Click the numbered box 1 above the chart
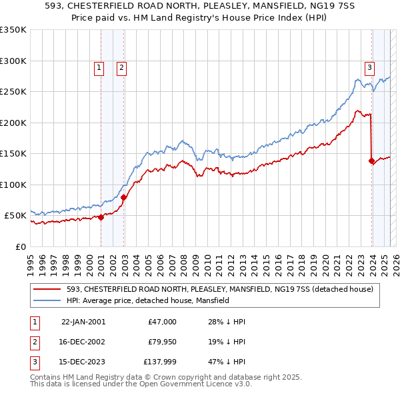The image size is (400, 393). coord(99,67)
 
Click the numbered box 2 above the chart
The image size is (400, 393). coord(122,67)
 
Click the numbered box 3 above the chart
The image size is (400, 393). coord(369,67)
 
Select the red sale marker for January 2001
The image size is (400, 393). coord(101,217)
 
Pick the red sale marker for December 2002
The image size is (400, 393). coord(123,197)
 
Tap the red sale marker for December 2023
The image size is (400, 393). coord(371,161)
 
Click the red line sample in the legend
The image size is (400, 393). coord(47,289)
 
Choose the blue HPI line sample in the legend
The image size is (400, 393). coord(47,300)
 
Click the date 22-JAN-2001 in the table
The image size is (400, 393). coord(83,322)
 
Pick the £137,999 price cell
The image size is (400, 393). coord(160,363)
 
